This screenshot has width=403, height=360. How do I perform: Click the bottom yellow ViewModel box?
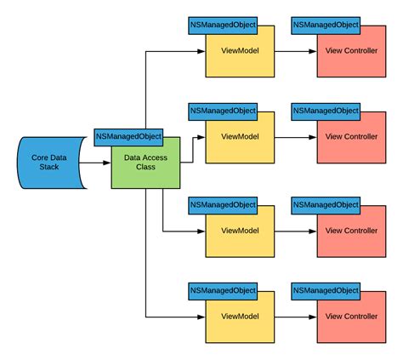pyautogui.click(x=240, y=317)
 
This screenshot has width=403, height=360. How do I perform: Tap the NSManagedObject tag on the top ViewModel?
pyautogui.click(x=223, y=25)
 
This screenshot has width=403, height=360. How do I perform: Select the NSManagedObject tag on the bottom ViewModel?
pyautogui.click(x=223, y=290)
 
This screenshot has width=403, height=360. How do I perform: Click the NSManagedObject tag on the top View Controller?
pyautogui.click(x=325, y=25)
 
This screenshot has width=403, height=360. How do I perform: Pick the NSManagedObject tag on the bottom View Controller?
pyautogui.click(x=325, y=290)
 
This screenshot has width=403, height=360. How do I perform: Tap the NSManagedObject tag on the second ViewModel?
pyautogui.click(x=223, y=111)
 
